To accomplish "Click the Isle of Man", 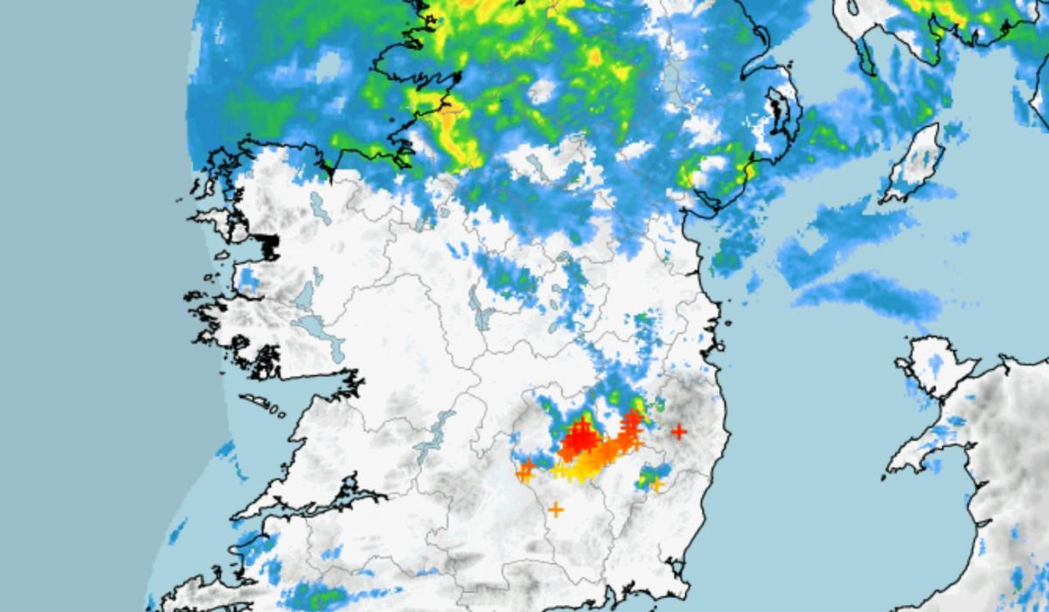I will click(913, 161).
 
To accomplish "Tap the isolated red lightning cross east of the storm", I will click(678, 431).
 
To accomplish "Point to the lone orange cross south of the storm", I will click(555, 509).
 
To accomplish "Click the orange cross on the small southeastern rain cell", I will click(656, 483).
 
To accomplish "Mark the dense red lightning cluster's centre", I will click(579, 440).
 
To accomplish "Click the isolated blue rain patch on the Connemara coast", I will click(248, 281).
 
